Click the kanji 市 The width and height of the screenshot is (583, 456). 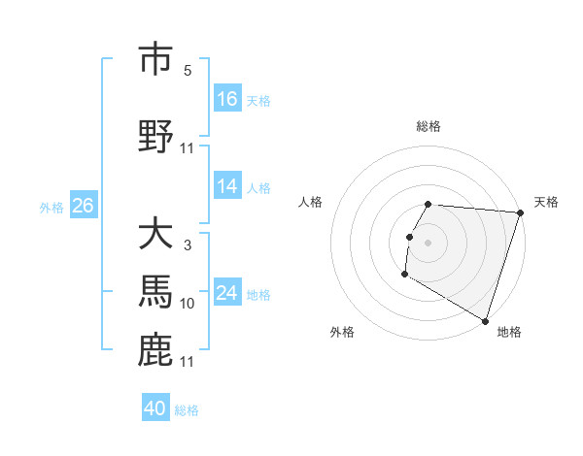[155, 59]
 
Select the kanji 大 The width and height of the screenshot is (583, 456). [155, 235]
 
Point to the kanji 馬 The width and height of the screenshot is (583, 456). [155, 293]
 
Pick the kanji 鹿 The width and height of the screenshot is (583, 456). [155, 350]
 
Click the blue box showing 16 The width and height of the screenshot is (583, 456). [227, 99]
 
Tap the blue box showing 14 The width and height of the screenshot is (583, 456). [227, 187]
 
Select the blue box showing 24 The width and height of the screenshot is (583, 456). [227, 293]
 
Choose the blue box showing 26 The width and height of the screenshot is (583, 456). [83, 206]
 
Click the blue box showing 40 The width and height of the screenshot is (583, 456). [155, 408]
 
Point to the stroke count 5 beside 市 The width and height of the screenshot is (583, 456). [188, 71]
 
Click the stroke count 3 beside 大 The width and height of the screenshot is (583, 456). [188, 245]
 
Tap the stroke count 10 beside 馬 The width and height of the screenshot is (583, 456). [188, 304]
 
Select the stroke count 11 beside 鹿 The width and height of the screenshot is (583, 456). [188, 362]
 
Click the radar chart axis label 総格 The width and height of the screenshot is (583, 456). [429, 126]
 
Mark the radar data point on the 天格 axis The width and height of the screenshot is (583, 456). [520, 212]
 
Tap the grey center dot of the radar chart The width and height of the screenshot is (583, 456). [429, 243]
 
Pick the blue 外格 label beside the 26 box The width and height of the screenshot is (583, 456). [51, 207]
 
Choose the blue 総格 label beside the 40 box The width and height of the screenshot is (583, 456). [187, 410]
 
